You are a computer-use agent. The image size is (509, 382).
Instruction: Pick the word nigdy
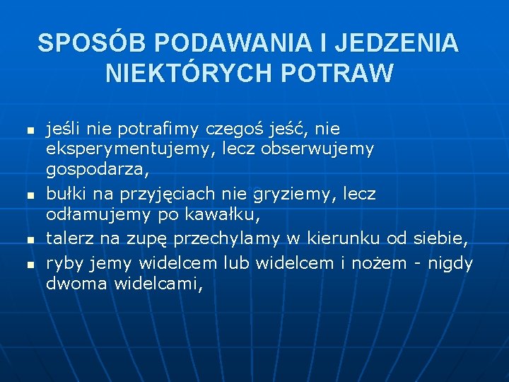tap(451, 263)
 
